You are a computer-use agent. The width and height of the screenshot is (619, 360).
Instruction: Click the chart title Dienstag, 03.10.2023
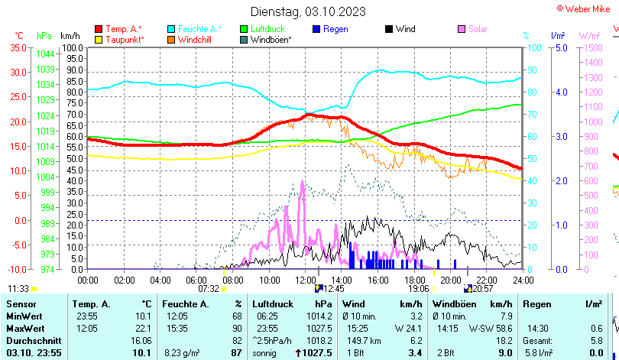tap(308, 11)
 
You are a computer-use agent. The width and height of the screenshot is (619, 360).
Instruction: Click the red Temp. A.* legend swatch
tap(99, 29)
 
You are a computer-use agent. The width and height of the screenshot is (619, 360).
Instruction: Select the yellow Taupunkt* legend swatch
tap(99, 39)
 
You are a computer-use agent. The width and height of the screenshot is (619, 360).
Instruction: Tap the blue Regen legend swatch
tap(317, 29)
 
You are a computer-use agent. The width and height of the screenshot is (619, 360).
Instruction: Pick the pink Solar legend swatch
tap(462, 29)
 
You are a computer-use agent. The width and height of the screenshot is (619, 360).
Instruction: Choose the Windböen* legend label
tap(271, 39)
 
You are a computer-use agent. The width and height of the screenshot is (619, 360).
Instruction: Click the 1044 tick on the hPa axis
tap(45, 54)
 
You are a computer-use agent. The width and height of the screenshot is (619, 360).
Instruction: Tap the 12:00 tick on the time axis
tap(305, 280)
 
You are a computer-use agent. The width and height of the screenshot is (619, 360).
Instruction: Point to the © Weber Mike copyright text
tap(586, 8)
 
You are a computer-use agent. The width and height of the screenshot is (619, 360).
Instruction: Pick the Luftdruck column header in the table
tap(273, 304)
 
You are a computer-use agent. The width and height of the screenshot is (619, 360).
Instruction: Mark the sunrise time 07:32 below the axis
tap(209, 289)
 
